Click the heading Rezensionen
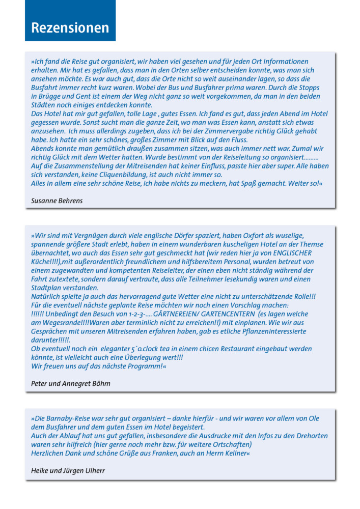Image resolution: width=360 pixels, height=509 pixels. point(70,27)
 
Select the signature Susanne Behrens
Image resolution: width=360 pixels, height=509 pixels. point(57,201)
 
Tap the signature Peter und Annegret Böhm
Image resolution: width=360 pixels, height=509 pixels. point(70,383)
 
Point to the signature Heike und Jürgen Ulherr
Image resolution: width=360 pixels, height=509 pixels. point(68,471)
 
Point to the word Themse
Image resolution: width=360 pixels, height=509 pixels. point(312,244)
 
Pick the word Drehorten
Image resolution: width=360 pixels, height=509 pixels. point(311,436)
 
